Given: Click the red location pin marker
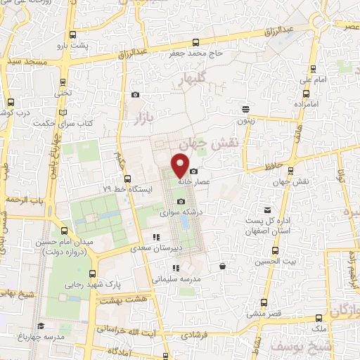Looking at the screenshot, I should [180, 165].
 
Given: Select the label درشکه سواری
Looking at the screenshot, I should [157, 211].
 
